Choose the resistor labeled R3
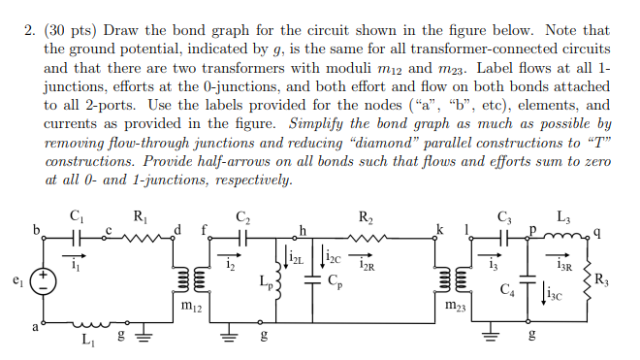tap(587, 281)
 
